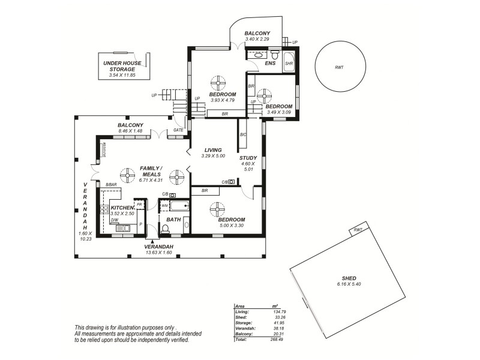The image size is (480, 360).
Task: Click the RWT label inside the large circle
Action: tap(340, 68)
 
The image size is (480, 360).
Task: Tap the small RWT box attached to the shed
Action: tap(358, 230)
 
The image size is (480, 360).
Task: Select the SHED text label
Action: tap(349, 278)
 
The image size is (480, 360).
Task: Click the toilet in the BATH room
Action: tap(166, 229)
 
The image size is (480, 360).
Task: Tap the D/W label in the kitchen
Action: tap(114, 220)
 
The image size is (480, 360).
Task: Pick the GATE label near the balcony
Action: tap(178, 130)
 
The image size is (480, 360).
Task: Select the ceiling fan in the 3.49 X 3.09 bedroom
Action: tap(265, 95)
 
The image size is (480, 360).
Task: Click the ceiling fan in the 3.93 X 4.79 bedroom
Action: tap(218, 82)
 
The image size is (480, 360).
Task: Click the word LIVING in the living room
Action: tap(213, 150)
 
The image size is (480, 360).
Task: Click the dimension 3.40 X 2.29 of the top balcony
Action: tap(257, 40)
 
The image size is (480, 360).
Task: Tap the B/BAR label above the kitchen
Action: tap(110, 185)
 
